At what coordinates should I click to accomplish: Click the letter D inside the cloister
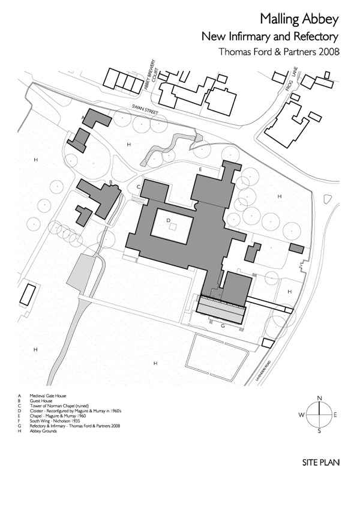click(x=169, y=221)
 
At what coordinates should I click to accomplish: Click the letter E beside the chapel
click(x=202, y=170)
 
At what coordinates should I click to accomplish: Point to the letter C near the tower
click(x=139, y=187)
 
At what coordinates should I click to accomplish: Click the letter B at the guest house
click(x=110, y=182)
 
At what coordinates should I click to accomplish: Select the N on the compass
click(x=320, y=398)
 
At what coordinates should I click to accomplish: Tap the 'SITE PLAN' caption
click(x=321, y=463)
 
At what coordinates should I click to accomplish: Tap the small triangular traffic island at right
click(x=327, y=199)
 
